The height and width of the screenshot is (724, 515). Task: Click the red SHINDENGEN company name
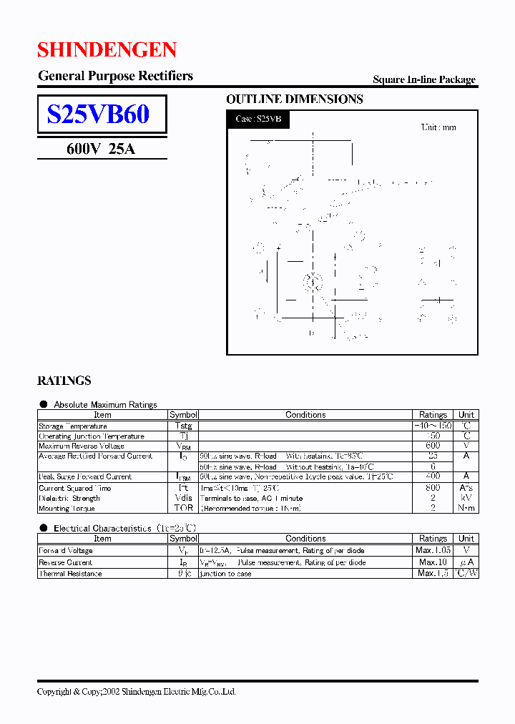[x=107, y=49]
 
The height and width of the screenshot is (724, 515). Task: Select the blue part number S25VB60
[x=98, y=114]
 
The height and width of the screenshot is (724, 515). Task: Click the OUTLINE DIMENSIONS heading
[x=295, y=99]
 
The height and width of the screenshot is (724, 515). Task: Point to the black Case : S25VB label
[x=258, y=119]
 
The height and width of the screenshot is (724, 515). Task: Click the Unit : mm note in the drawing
[x=438, y=127]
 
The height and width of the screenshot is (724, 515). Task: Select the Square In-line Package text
[x=424, y=80]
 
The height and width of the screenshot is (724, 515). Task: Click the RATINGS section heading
[x=64, y=381]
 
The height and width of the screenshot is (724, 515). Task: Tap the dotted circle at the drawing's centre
[x=312, y=282]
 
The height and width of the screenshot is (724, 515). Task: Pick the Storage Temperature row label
[x=73, y=426]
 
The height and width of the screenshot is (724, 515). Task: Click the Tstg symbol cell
[x=183, y=426]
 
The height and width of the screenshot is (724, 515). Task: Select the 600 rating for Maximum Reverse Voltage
[x=433, y=446]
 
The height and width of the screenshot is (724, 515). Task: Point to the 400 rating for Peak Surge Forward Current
[x=433, y=476]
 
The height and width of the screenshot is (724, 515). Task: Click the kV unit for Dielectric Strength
[x=466, y=498]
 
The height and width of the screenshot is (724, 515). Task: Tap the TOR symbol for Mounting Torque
[x=183, y=508]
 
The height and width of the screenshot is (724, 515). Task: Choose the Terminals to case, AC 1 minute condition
[x=242, y=498]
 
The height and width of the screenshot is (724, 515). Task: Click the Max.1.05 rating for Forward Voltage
[x=433, y=551]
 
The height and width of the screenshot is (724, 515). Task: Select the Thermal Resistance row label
[x=70, y=574]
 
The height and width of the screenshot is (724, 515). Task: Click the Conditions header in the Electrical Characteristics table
[x=305, y=539]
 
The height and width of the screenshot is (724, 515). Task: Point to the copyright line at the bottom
[x=137, y=692]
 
